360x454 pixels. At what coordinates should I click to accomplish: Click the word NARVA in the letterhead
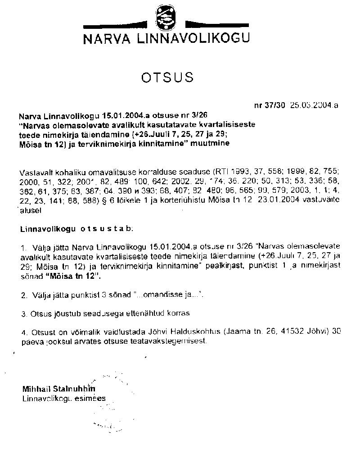[104, 40]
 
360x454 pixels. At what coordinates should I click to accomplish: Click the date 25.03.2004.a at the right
[314, 106]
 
